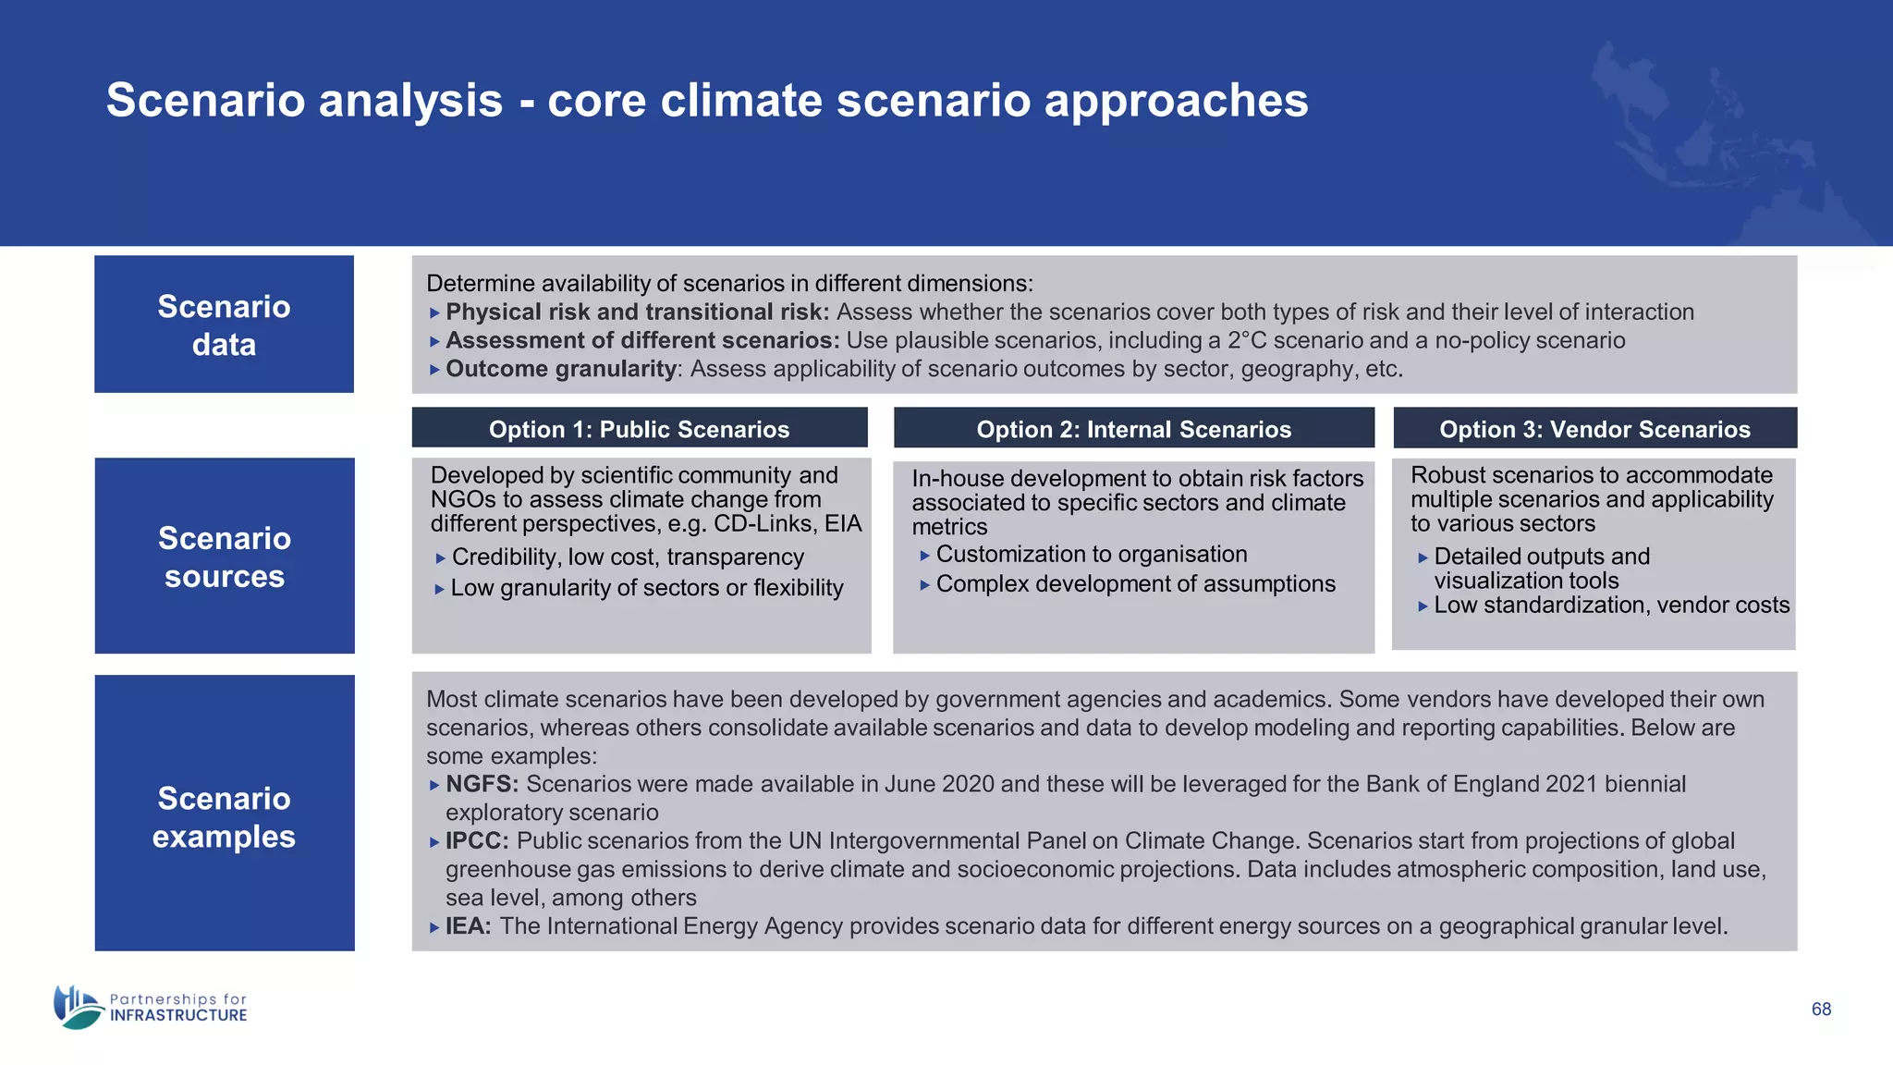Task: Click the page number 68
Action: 1821,1009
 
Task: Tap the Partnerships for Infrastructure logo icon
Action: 78,1007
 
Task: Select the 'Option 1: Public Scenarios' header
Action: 639,429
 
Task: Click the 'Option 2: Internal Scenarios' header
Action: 1133,429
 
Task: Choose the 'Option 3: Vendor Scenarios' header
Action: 1594,429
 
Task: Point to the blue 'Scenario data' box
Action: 224,324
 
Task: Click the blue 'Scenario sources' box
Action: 224,557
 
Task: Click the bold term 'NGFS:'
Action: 482,784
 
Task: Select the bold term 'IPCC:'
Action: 477,840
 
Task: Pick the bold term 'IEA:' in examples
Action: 468,925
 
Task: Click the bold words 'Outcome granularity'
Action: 561,369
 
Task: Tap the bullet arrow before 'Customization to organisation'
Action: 924,556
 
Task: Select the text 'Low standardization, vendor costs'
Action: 1611,605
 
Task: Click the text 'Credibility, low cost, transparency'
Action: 628,557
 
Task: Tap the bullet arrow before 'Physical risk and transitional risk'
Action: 434,313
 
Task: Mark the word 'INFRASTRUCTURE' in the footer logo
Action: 178,1015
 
